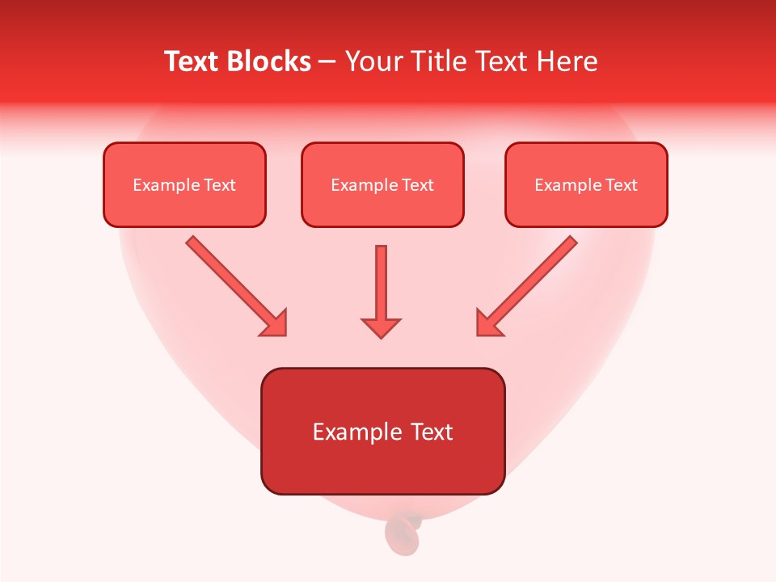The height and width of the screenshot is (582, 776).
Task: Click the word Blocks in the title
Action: click(270, 62)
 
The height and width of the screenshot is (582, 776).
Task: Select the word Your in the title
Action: click(374, 62)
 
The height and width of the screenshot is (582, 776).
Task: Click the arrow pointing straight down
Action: click(381, 283)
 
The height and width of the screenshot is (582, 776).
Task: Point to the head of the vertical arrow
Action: click(381, 327)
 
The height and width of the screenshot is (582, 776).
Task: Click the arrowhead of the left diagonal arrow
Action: click(275, 323)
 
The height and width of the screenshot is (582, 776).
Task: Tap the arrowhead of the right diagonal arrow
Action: click(488, 323)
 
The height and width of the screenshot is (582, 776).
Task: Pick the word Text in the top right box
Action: click(621, 185)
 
